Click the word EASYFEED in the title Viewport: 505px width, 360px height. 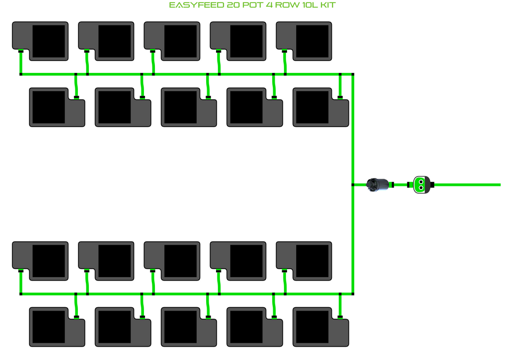point(196,5)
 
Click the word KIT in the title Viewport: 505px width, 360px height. point(328,5)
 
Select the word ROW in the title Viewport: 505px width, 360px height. point(287,5)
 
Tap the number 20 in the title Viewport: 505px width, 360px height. point(234,5)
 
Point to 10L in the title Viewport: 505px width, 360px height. point(310,5)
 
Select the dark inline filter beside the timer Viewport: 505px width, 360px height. point(377,185)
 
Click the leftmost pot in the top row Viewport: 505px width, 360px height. point(40,41)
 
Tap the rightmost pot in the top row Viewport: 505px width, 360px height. point(304,41)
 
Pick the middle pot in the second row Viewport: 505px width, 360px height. point(189,107)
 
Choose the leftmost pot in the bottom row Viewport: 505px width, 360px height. point(57,327)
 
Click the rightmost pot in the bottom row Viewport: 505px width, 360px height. point(321,327)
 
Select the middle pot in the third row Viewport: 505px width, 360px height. point(172,261)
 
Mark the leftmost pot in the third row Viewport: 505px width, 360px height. point(40,261)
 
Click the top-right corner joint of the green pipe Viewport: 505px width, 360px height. point(353,74)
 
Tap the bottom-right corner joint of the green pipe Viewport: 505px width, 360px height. point(353,294)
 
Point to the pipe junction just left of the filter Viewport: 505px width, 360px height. point(353,185)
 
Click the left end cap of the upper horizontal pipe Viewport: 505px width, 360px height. point(21,74)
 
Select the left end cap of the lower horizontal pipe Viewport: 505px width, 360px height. point(21,294)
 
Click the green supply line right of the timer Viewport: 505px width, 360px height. point(468,185)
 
